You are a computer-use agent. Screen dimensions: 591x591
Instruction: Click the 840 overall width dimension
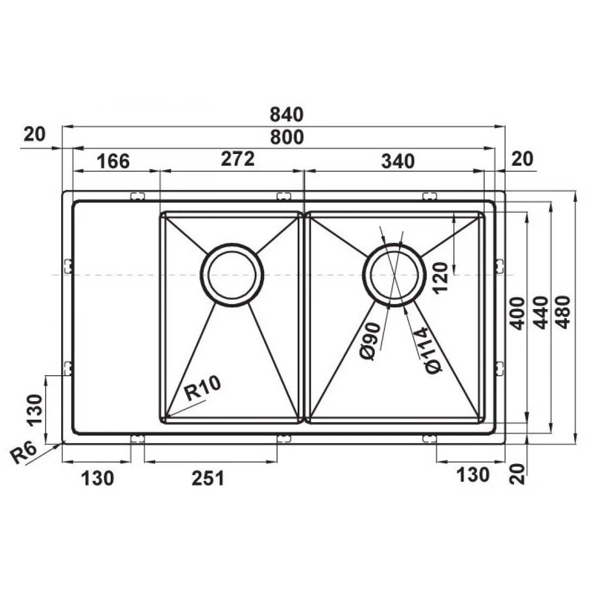coord(285,115)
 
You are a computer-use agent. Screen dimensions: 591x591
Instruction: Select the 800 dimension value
coord(285,138)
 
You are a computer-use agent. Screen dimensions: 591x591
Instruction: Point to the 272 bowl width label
coord(237,159)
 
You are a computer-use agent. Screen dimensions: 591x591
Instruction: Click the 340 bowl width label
coord(398,161)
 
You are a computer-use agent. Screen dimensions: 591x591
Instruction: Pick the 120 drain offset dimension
coord(440,277)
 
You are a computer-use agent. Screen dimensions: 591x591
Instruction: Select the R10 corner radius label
coord(202,389)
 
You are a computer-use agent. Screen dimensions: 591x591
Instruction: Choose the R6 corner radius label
coord(24,453)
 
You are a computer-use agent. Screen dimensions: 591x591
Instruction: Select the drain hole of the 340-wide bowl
coord(394,273)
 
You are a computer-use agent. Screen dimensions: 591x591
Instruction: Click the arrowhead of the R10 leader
coord(165,416)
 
